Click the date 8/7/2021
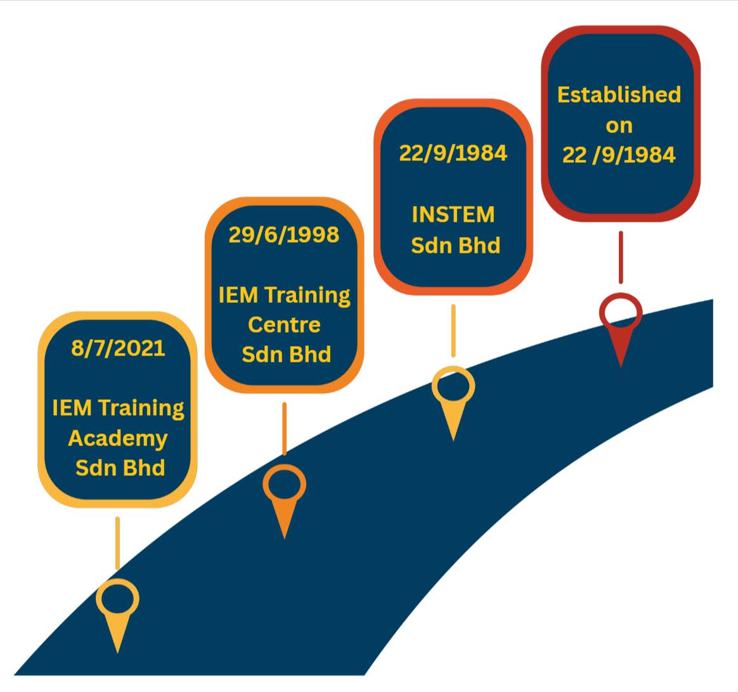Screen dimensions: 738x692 [x=118, y=349]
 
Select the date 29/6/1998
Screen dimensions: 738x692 [x=284, y=234]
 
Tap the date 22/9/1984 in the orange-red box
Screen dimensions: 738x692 [x=453, y=153]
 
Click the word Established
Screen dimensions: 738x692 [x=619, y=94]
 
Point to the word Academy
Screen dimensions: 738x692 [x=118, y=439]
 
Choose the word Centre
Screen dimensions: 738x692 [x=284, y=325]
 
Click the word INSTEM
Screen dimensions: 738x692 [x=453, y=215]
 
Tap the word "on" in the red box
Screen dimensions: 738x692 [x=619, y=126]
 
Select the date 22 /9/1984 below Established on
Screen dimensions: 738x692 [x=619, y=155]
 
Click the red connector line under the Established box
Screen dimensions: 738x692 [x=621, y=257]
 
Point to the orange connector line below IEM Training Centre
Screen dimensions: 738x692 [x=284, y=428]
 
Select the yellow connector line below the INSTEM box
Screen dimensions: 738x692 [x=453, y=331]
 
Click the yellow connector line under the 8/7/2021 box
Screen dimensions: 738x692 [x=118, y=543]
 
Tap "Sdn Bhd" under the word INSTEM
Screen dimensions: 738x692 [x=456, y=246]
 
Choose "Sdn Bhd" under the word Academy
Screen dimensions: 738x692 [x=120, y=468]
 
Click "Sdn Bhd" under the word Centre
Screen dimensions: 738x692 [x=287, y=355]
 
